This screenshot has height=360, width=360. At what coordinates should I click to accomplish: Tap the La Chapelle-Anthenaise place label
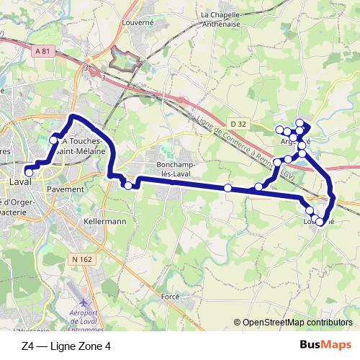[224, 19]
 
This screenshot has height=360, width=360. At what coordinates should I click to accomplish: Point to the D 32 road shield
[240, 125]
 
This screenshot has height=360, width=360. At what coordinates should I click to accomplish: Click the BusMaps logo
[323, 345]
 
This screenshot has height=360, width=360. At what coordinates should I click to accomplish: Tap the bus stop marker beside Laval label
[30, 171]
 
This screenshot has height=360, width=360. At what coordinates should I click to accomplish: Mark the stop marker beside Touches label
[53, 139]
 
